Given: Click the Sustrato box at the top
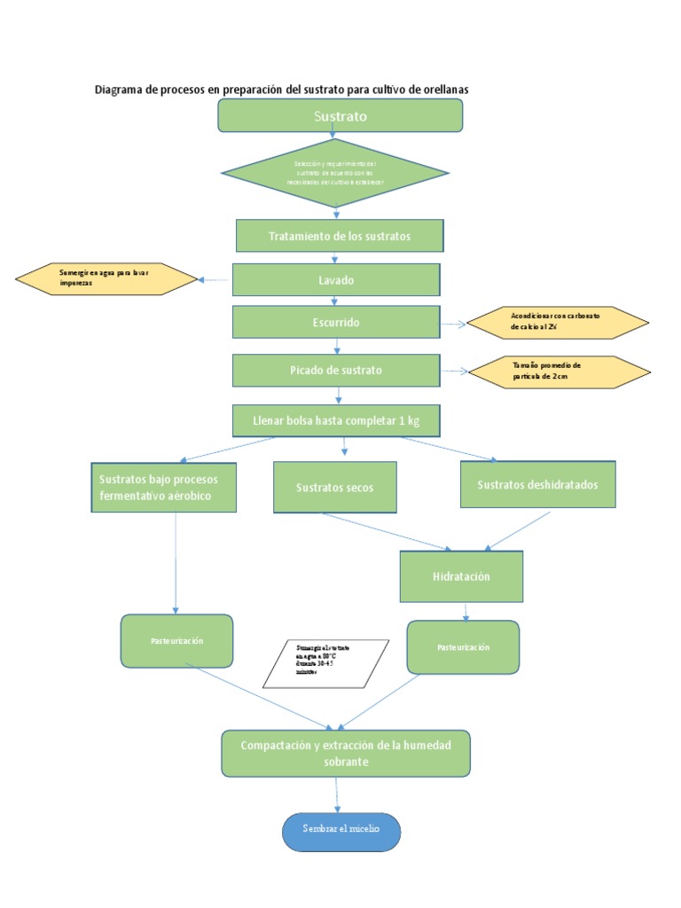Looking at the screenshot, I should [x=340, y=115].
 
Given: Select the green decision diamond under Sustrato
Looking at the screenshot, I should [x=334, y=173].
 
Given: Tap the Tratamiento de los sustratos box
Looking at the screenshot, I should [x=339, y=237].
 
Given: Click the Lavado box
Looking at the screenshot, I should [x=336, y=280].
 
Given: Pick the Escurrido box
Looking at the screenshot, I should [x=336, y=323].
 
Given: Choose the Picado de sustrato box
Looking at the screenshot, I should [x=336, y=370].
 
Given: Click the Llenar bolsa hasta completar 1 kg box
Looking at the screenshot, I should [x=336, y=420].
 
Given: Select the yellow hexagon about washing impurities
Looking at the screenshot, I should [x=106, y=279].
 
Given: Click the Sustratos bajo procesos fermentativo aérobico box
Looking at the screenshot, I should [x=164, y=487].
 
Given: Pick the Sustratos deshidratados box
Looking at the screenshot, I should [x=537, y=484].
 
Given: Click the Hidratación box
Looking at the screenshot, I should [x=461, y=576].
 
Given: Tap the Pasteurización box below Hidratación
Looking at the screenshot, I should [x=463, y=647].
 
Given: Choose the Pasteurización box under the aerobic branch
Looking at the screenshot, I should [x=176, y=641].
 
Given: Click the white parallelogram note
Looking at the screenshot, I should [x=326, y=662].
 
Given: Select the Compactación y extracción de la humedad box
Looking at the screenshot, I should [x=346, y=754].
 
